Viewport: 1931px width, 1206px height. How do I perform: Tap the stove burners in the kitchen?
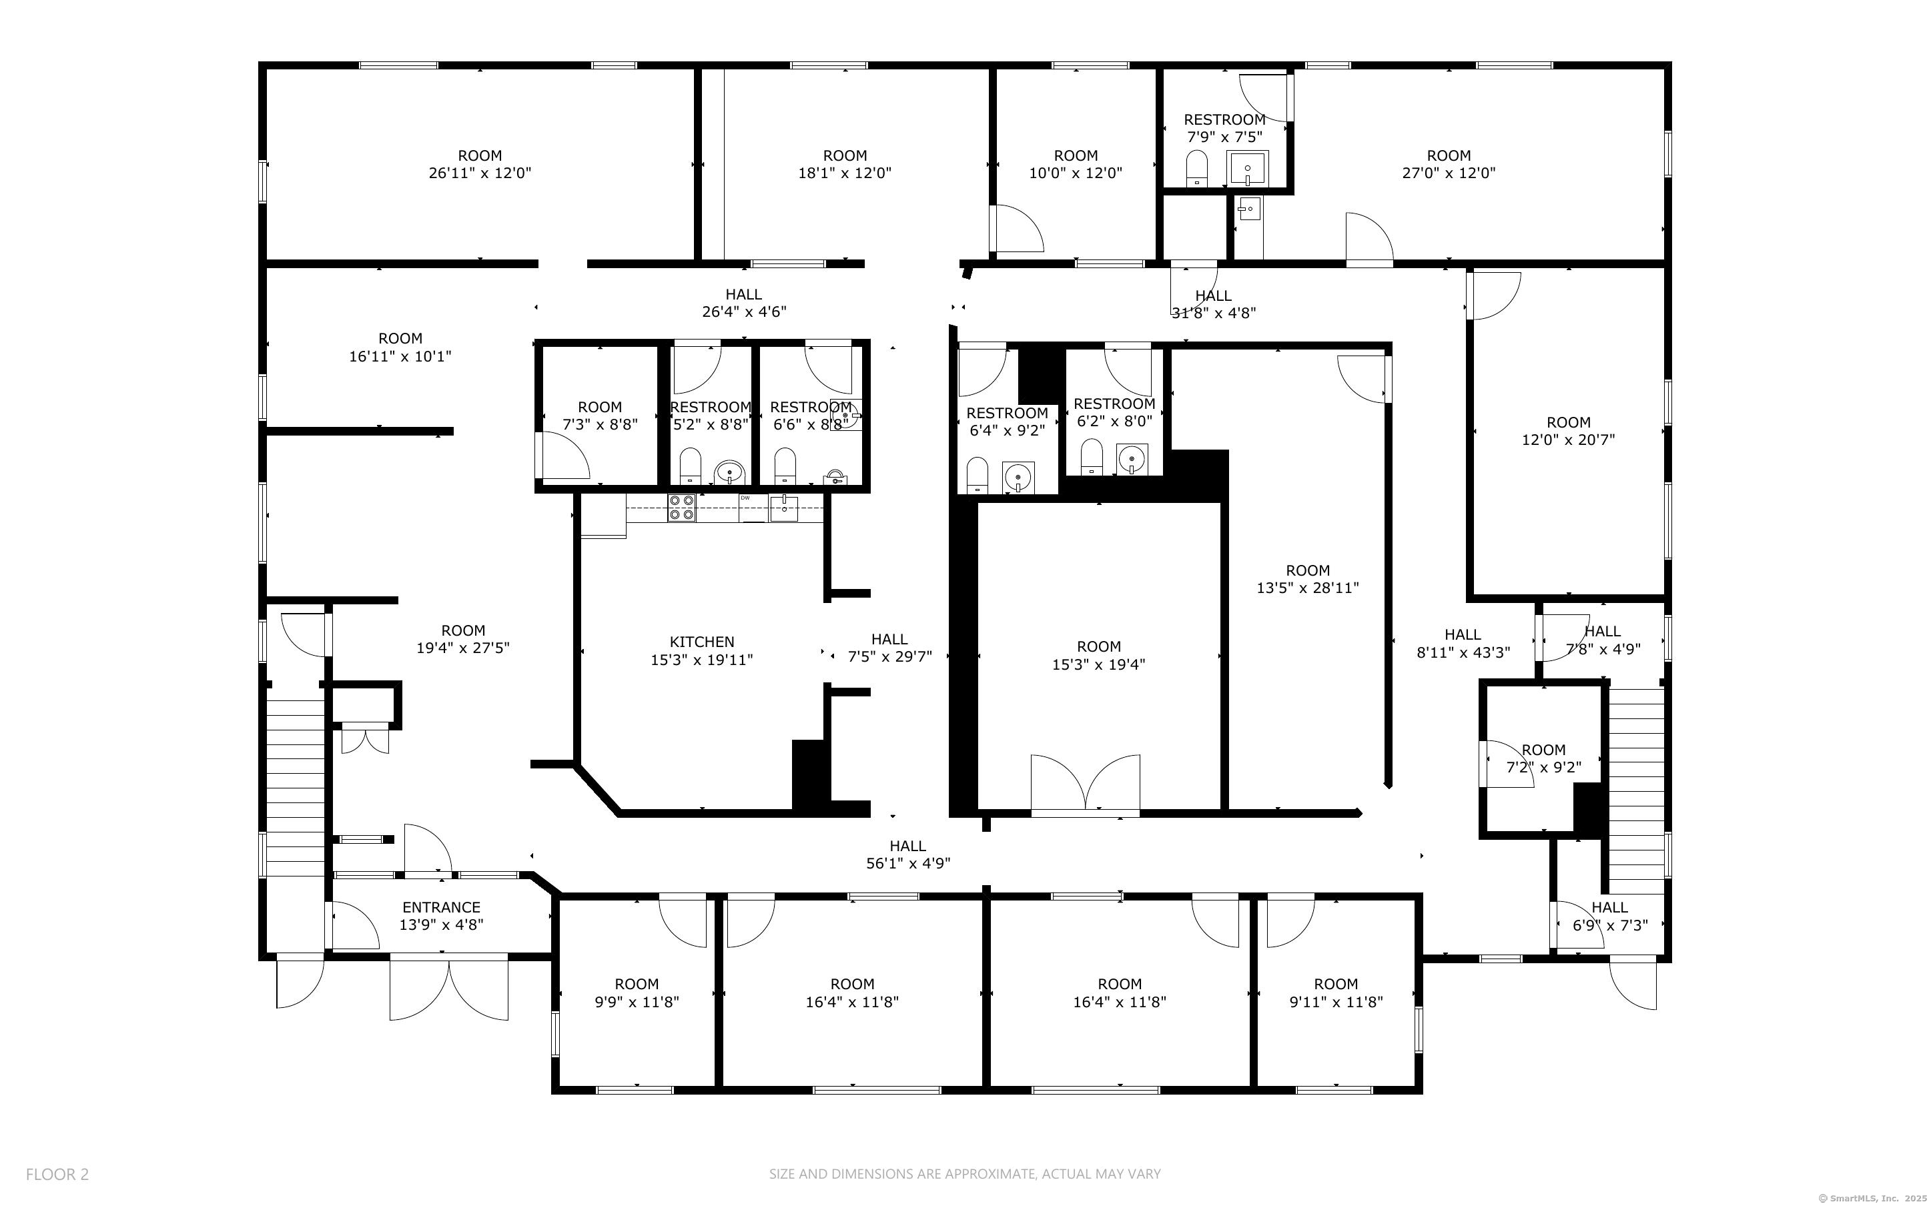point(681,508)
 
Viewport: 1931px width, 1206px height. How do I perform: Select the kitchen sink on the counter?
point(783,508)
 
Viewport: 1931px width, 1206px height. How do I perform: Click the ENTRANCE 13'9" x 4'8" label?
point(441,916)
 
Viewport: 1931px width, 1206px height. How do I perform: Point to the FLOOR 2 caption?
point(57,1174)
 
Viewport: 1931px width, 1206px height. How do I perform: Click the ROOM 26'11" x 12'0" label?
point(479,164)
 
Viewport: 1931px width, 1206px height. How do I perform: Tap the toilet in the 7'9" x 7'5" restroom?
point(1197,167)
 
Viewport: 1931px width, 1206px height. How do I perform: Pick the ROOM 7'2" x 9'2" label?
point(1543,758)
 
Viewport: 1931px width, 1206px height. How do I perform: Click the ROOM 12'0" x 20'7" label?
point(1568,431)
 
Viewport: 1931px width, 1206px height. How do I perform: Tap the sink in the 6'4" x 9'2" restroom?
point(1018,477)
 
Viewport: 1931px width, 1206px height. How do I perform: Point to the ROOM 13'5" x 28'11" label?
point(1307,579)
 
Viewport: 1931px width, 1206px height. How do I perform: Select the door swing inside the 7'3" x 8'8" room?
point(563,456)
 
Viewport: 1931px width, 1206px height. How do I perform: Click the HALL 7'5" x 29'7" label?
point(889,648)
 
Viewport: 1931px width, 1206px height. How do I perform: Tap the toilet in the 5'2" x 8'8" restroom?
point(689,465)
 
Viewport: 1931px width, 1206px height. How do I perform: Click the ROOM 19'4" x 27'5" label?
point(462,639)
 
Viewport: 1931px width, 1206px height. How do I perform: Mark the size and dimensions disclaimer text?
point(964,1174)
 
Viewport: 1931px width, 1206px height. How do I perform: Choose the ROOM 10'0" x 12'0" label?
point(1075,164)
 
